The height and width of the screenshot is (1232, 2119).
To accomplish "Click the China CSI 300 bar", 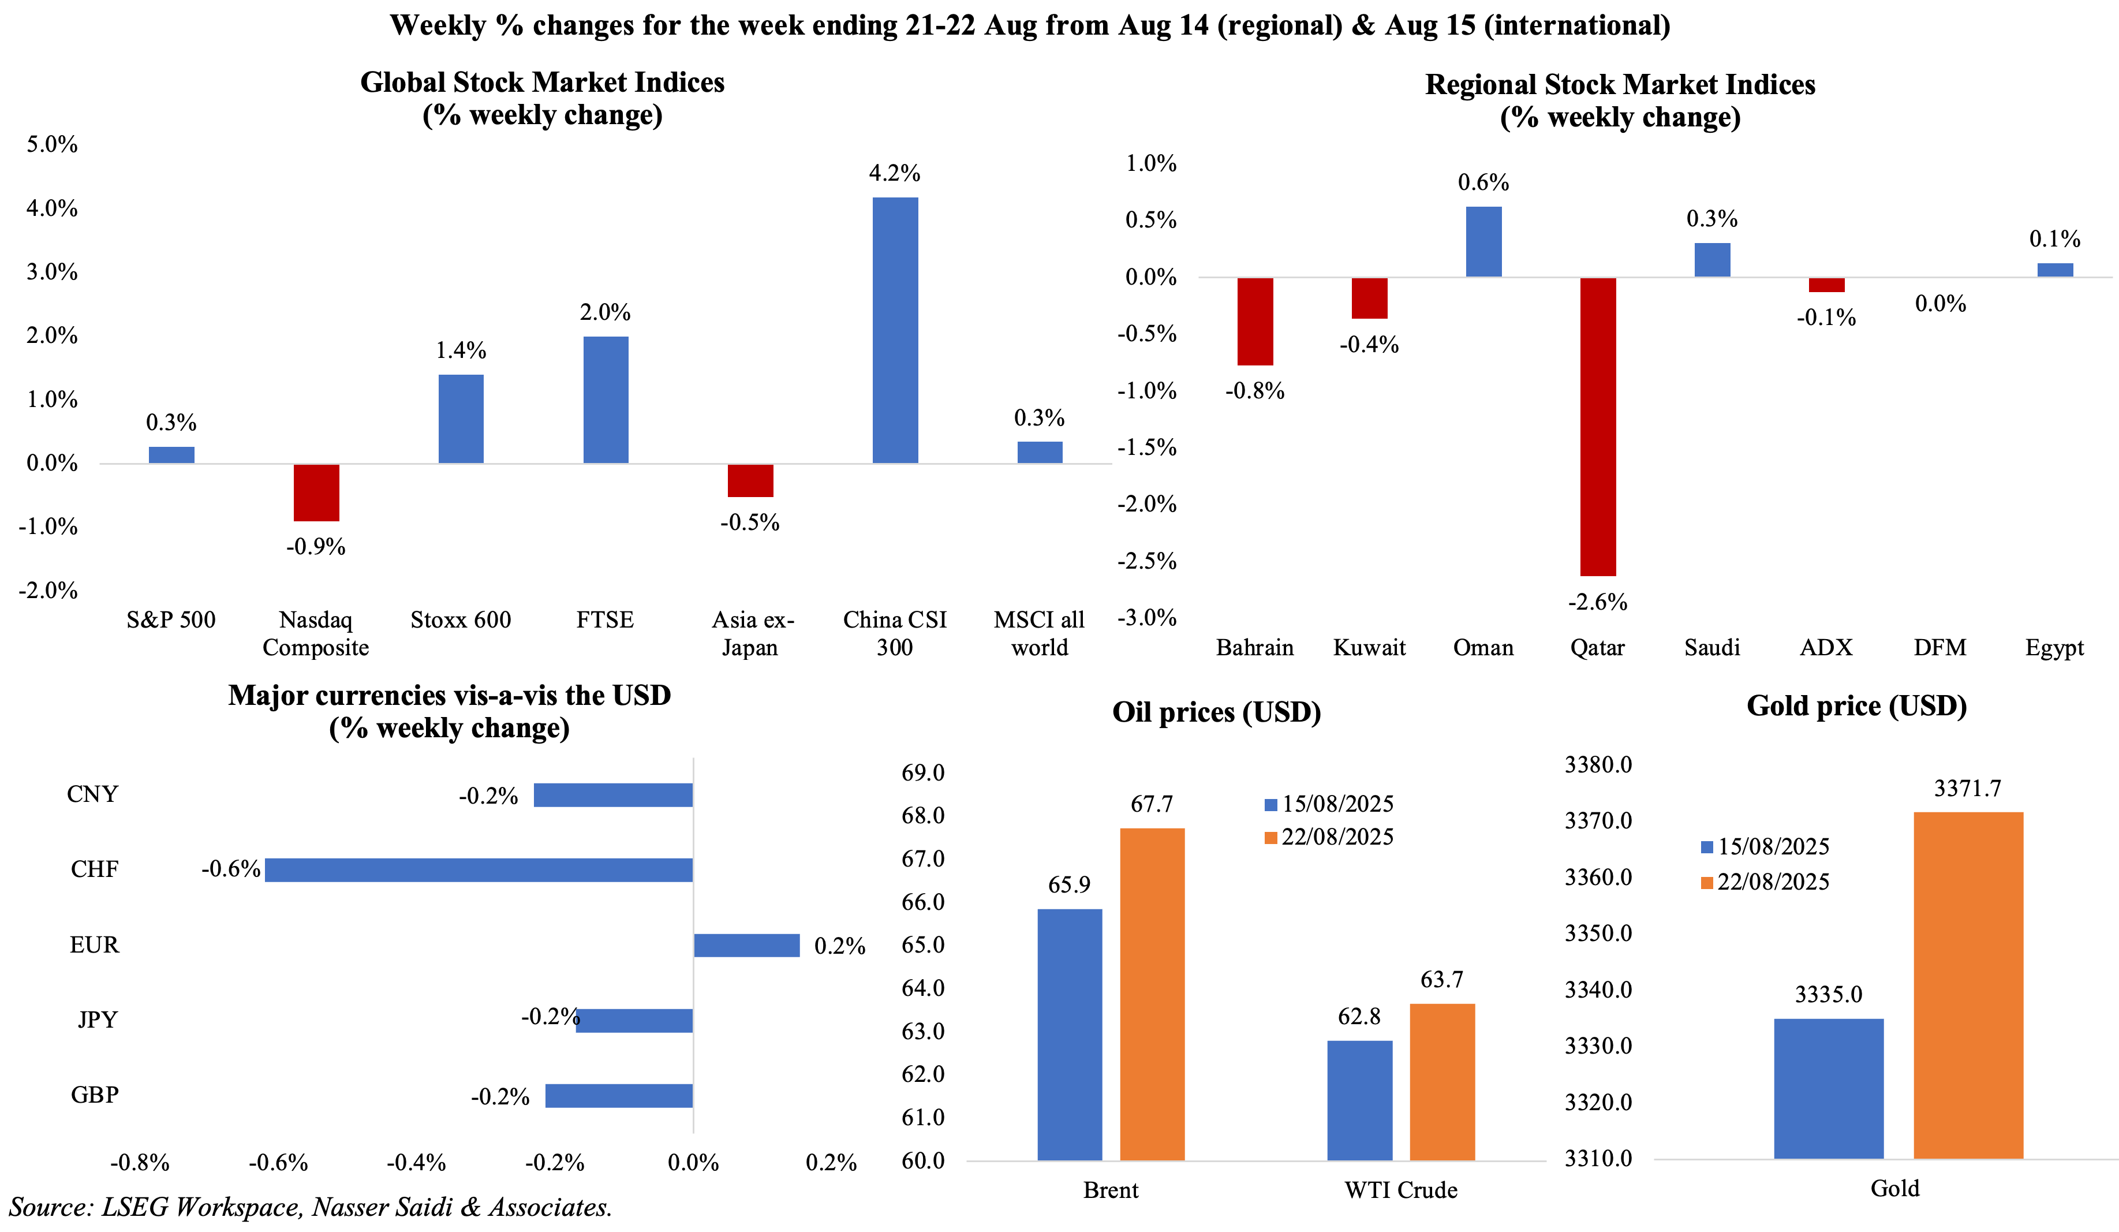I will [x=895, y=330].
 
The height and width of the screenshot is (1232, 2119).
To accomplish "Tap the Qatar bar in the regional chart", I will [x=1598, y=427].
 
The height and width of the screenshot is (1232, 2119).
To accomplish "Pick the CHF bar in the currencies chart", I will [x=479, y=869].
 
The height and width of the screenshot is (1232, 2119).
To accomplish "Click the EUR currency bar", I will [x=747, y=945].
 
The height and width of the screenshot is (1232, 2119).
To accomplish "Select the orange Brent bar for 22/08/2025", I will [x=1152, y=994].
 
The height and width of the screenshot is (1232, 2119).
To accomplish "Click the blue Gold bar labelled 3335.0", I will [x=1828, y=1088].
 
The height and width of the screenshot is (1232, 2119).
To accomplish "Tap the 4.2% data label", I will [x=894, y=173].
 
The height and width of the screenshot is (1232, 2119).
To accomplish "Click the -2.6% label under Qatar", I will [x=1597, y=602].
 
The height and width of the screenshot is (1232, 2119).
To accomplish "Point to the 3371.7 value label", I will [x=1968, y=789].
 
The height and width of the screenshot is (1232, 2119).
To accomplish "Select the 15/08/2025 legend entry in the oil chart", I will [x=1329, y=804].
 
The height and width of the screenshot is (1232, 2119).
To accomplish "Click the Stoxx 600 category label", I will [x=460, y=620].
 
